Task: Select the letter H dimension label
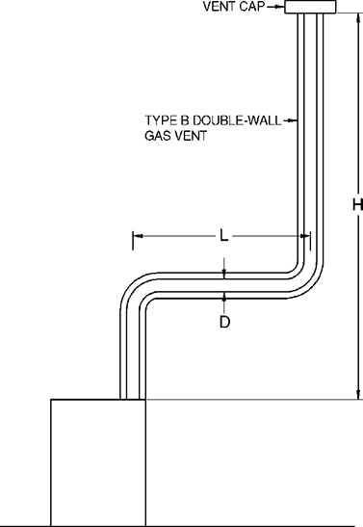point(356,205)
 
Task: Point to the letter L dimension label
point(223,235)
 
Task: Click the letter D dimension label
point(224,323)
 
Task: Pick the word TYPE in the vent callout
point(161,121)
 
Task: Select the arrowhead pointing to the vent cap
point(281,8)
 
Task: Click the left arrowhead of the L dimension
point(137,235)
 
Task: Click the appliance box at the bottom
point(97,462)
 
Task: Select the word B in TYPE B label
point(187,121)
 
